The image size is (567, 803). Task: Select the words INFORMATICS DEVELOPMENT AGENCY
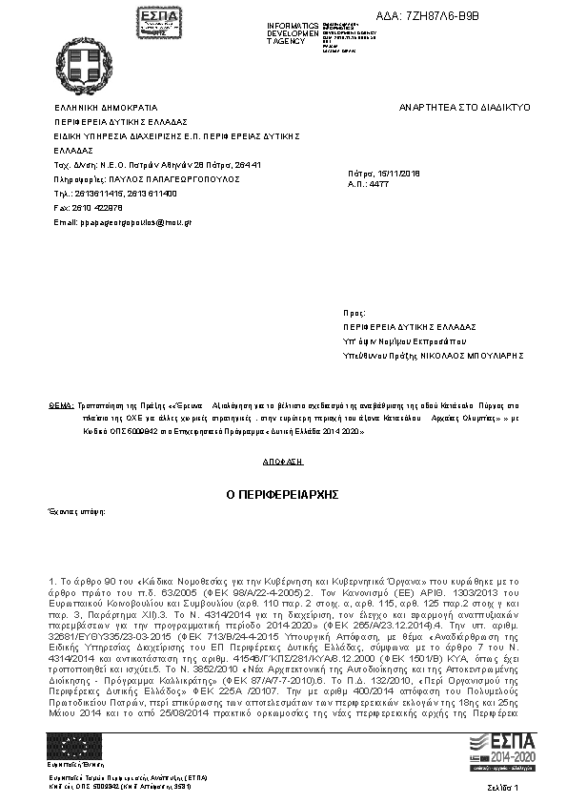coord(294,32)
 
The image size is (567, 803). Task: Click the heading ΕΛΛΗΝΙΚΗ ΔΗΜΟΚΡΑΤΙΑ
coord(106,108)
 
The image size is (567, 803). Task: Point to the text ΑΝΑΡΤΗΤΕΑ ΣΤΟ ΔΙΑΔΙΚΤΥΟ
coord(464,108)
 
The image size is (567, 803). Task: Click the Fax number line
coord(89,207)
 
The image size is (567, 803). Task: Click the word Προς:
coord(354,312)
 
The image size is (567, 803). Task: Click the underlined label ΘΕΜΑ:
coord(60,405)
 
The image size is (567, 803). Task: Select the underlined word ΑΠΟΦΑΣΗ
coord(282,460)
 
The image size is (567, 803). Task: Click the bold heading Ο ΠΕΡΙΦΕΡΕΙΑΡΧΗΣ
coord(282,495)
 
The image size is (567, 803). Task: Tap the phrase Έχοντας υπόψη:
coord(75,512)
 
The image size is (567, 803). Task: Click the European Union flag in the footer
coord(72,745)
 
